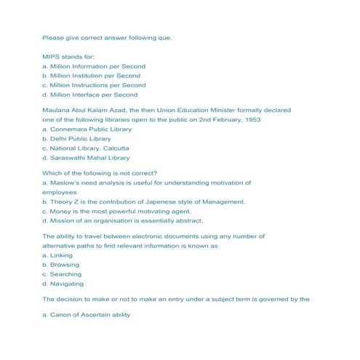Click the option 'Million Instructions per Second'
pos(94,85)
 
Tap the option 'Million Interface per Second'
pos(89,95)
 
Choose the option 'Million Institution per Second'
pos(92,76)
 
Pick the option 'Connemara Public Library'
pos(87,129)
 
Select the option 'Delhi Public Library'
pos(77,138)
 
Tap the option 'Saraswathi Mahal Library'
pos(86,157)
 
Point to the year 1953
pos(252,119)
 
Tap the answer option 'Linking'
pos(57,256)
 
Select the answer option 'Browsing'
pos(61,265)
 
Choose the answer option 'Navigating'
pos(63,284)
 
